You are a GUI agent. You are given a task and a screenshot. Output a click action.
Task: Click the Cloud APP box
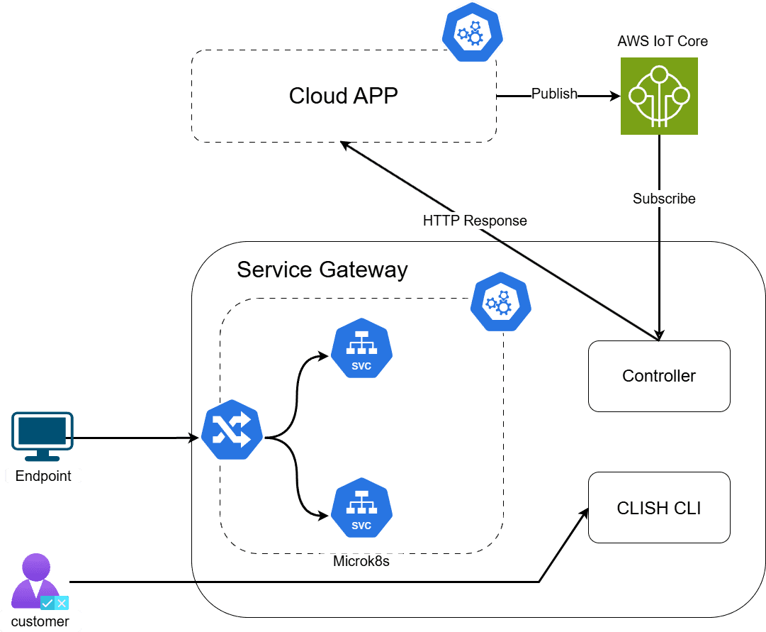tap(344, 96)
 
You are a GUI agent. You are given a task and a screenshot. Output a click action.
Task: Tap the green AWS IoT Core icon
tap(659, 96)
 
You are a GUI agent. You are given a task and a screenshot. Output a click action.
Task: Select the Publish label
tap(554, 94)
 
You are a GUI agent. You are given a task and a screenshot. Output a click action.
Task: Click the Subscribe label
tap(664, 199)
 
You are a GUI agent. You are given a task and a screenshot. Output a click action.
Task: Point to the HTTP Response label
tap(475, 221)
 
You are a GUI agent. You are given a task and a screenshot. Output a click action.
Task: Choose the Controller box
tap(659, 376)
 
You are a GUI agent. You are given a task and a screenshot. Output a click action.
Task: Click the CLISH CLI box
tap(659, 508)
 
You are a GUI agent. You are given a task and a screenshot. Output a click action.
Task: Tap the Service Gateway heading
tap(322, 270)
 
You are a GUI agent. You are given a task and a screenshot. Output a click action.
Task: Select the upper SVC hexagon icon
tap(361, 348)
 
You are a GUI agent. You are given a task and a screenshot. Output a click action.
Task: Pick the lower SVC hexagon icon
tap(361, 509)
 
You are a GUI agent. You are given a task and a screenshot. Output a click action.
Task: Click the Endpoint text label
tap(43, 476)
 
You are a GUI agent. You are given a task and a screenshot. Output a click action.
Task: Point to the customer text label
tap(40, 621)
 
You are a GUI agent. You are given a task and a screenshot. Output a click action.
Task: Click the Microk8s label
tap(361, 561)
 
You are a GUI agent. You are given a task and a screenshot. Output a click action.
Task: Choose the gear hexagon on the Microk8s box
tap(501, 301)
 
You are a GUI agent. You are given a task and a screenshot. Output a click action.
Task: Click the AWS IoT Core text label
tap(663, 41)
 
